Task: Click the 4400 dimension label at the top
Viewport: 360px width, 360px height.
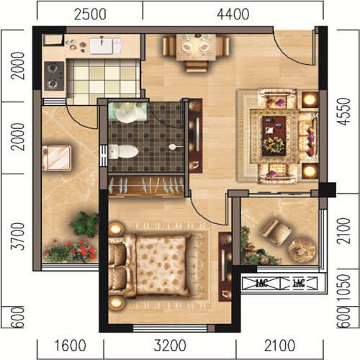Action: [x=233, y=14]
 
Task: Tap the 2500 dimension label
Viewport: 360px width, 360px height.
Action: [x=90, y=14]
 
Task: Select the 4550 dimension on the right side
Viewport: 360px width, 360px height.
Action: [x=345, y=112]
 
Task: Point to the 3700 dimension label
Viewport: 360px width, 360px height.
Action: [x=18, y=236]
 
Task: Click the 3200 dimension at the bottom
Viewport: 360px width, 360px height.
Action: [x=170, y=346]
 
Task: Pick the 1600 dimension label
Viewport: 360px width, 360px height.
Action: [x=70, y=346]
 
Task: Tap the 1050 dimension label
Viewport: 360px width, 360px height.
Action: [x=344, y=287]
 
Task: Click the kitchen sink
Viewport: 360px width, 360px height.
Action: [x=105, y=46]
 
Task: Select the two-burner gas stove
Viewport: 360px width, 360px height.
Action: [x=54, y=76]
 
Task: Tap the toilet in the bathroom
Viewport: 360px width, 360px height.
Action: [x=123, y=152]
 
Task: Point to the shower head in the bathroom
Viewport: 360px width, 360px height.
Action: [x=175, y=147]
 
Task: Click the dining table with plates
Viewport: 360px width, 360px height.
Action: [x=196, y=47]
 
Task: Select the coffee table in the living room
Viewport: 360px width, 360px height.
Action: [x=274, y=136]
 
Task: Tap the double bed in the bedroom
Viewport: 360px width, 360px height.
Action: [x=150, y=266]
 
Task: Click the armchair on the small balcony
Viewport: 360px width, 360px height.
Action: [x=276, y=232]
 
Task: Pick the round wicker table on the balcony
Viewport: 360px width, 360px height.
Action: [x=302, y=250]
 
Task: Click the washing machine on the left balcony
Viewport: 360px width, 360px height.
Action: [x=57, y=158]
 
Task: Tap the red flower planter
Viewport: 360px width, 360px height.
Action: [x=70, y=251]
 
